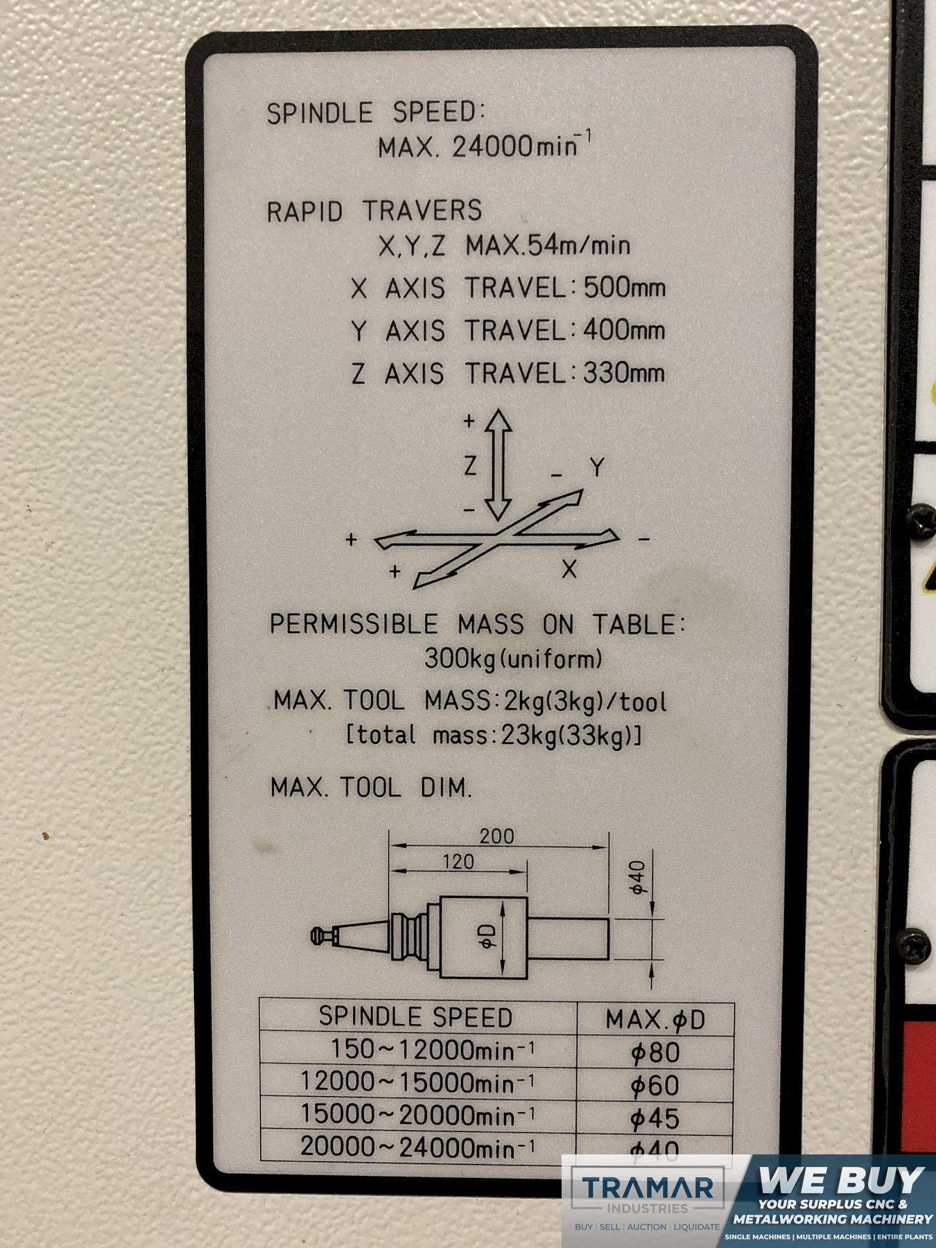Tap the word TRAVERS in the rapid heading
422,210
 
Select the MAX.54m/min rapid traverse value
548,245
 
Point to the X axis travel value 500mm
624,287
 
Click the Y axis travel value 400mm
624,330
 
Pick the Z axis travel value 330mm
624,374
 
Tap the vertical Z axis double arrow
496,465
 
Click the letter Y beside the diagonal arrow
598,468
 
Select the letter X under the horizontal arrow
569,570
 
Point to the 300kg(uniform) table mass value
513,659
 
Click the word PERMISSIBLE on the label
354,624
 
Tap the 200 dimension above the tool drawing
497,835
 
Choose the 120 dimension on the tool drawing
458,862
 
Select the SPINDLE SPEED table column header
415,1016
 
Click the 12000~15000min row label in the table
417,1082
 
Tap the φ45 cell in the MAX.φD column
655,1118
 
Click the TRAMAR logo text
648,1188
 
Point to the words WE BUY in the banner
842,1179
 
